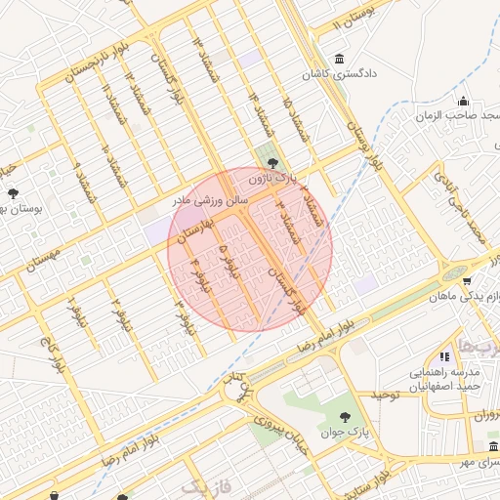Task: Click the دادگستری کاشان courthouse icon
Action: (x=338, y=58)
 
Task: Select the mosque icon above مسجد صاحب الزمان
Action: (x=463, y=102)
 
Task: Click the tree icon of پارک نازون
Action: (x=272, y=163)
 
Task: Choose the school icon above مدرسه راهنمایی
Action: (x=445, y=358)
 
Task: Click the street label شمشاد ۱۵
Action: (x=297, y=118)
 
